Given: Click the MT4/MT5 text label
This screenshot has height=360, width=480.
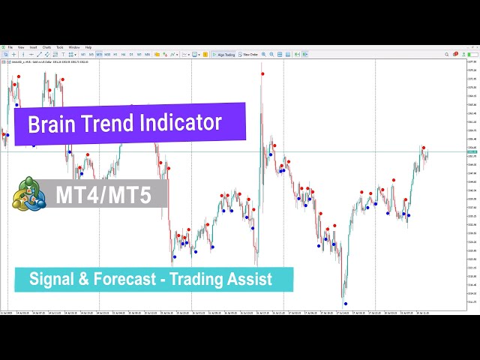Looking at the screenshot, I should pyautogui.click(x=103, y=195).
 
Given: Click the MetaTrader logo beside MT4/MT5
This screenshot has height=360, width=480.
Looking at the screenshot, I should pyautogui.click(x=28, y=194).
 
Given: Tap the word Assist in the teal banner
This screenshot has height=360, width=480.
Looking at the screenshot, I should pyautogui.click(x=251, y=280).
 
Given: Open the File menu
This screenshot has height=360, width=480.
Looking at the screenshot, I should pyautogui.click(x=10, y=47).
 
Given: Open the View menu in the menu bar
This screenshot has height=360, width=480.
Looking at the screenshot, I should pyautogui.click(x=21, y=47).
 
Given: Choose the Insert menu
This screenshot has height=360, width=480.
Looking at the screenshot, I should pyautogui.click(x=33, y=47).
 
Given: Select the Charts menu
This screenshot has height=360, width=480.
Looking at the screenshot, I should pyautogui.click(x=46, y=47).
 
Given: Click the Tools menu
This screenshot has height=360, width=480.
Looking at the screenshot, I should pyautogui.click(x=60, y=47).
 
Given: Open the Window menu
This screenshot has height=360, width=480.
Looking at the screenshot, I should pyautogui.click(x=74, y=47).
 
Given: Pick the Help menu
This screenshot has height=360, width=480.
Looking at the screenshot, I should pyautogui.click(x=88, y=47).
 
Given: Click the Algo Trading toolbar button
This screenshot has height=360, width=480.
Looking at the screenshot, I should pyautogui.click(x=223, y=55).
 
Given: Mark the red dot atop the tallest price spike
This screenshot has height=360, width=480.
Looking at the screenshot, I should pyautogui.click(x=262, y=73).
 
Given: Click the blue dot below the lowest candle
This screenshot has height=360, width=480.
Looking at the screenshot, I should pyautogui.click(x=346, y=304).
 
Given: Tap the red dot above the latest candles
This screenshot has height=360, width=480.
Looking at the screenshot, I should pyautogui.click(x=423, y=148).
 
